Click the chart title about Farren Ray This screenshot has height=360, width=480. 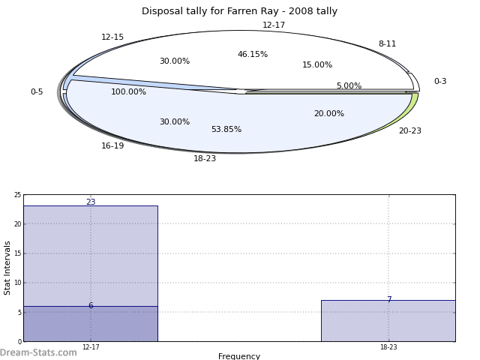[x=239, y=11]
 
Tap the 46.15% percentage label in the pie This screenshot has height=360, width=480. [x=253, y=55]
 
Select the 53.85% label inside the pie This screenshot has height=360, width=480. [x=226, y=130]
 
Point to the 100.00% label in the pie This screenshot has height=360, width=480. [x=129, y=92]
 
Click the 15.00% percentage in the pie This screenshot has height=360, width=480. [x=317, y=65]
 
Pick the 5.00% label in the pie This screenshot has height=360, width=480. [x=349, y=86]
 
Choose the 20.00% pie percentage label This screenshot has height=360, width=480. [x=328, y=114]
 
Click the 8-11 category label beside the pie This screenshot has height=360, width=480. [x=387, y=44]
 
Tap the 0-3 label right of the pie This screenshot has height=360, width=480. [x=440, y=82]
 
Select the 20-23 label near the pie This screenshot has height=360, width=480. [x=409, y=131]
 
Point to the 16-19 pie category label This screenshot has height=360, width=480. [x=112, y=146]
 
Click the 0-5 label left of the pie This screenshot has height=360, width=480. [x=37, y=92]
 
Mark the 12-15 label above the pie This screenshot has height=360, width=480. [x=112, y=37]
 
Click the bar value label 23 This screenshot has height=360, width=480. [x=91, y=202]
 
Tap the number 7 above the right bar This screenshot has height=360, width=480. [x=388, y=300]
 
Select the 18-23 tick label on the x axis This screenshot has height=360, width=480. [x=388, y=347]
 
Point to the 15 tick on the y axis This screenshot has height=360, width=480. [x=17, y=253]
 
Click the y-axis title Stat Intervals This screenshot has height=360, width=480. [x=8, y=267]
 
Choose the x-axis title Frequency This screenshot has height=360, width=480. [x=239, y=356]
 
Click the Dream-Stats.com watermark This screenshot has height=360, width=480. [x=38, y=352]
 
